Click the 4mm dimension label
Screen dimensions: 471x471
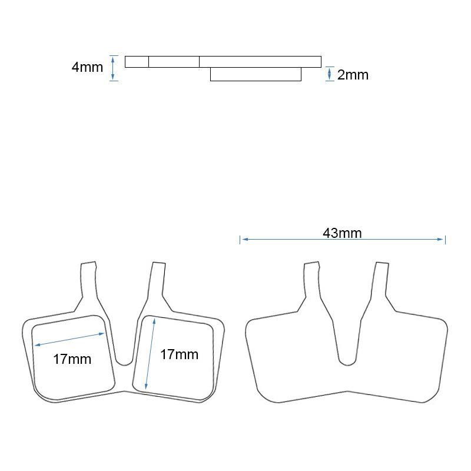coord(87,67)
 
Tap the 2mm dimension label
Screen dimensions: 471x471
coord(353,75)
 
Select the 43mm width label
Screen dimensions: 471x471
coord(342,233)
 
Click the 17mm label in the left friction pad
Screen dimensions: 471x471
coord(72,359)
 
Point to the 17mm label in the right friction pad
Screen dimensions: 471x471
coord(179,354)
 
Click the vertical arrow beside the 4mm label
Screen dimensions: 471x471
coord(114,68)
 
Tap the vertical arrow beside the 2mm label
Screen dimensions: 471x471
coord(329,74)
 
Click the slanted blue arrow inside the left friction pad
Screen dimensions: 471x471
coord(68,340)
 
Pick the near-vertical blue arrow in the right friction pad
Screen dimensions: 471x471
coord(150,353)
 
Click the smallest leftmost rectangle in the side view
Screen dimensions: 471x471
coord(137,61)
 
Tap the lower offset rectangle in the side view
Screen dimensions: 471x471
coord(256,74)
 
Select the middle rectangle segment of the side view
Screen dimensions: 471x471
coord(174,61)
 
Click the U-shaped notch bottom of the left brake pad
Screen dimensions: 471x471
coord(124,361)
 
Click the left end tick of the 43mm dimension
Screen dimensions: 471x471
coord(240,239)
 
